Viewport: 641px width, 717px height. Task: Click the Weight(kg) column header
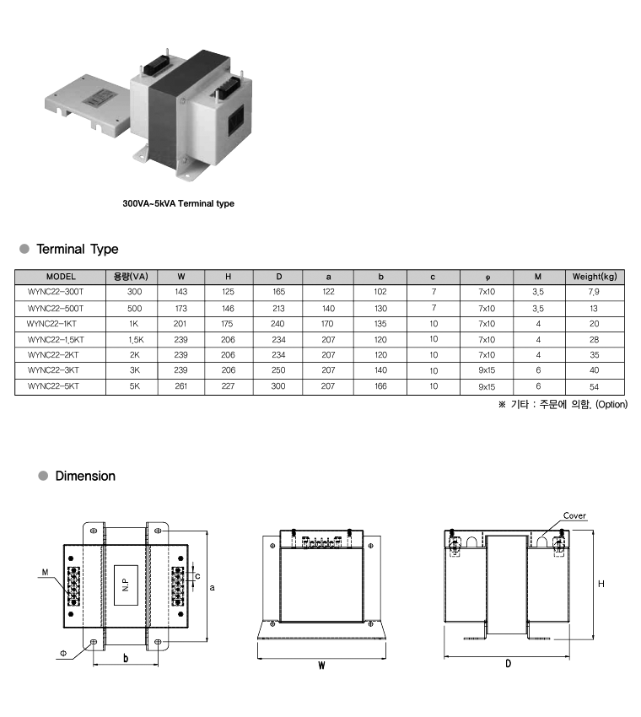pos(595,277)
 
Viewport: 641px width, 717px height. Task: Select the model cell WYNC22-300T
pos(56,292)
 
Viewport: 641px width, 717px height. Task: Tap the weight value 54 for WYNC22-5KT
pos(594,387)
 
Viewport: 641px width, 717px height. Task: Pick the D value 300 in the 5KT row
pos(278,386)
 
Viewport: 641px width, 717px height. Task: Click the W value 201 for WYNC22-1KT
pos(180,324)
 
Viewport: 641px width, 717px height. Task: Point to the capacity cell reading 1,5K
pos(136,340)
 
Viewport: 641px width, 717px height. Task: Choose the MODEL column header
pos(61,277)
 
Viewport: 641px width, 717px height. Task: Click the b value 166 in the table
pos(380,386)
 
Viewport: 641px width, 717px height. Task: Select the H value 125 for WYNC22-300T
pos(228,292)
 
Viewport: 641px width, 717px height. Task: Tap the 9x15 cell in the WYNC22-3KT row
pos(487,370)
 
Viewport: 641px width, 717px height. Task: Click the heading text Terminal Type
pos(78,249)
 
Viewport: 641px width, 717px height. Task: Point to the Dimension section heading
pos(85,476)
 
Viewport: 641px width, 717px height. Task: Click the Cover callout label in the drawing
pos(574,515)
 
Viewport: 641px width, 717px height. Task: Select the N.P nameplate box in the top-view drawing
pos(126,585)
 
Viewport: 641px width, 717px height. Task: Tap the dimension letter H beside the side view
pos(601,584)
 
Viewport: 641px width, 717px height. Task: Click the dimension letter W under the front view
pos(321,666)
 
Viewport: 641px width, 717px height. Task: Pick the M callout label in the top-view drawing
pos(45,573)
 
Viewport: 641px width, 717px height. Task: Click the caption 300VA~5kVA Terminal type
pos(178,203)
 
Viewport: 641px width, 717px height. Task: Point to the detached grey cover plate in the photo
pos(87,104)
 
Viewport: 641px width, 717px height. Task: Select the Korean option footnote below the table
pos(563,405)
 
